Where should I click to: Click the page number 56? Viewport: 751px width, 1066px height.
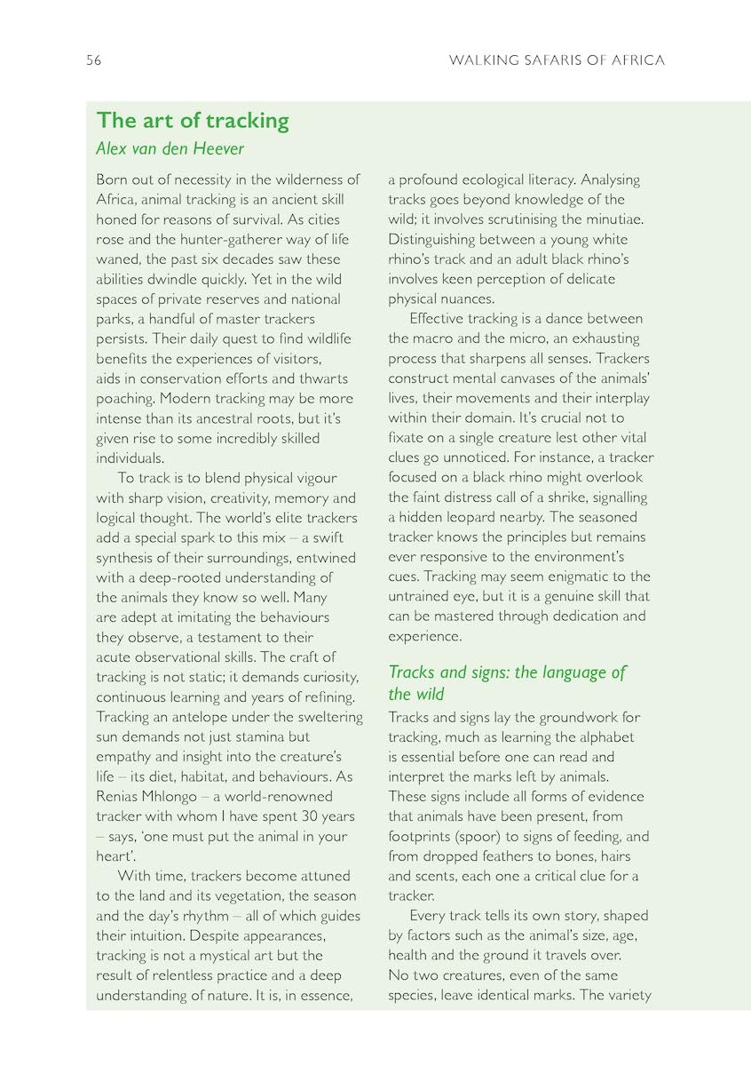coord(93,60)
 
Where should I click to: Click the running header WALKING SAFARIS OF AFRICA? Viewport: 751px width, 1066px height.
coord(557,60)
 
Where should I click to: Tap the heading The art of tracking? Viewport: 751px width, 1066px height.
coord(193,120)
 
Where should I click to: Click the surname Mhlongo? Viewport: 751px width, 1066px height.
coord(183,796)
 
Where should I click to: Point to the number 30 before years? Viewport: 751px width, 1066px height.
coord(296,815)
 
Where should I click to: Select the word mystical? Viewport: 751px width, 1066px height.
coord(241,955)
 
